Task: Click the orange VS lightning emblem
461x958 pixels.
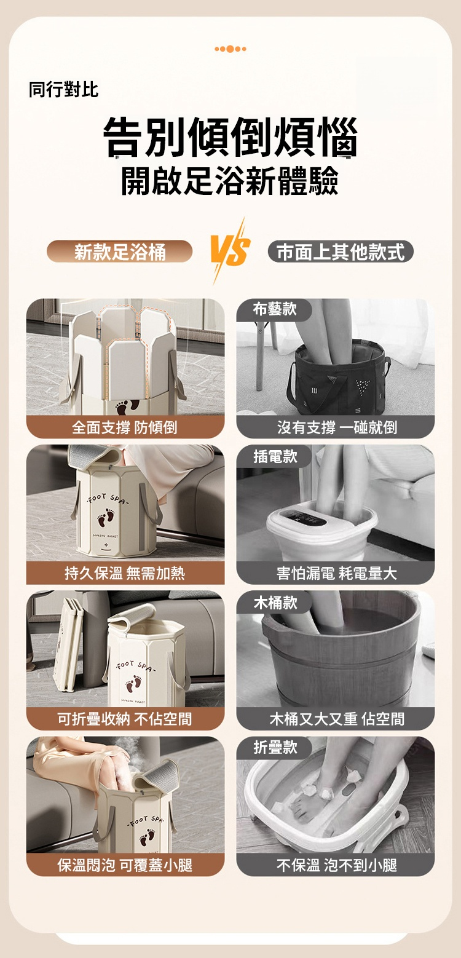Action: pyautogui.click(x=230, y=252)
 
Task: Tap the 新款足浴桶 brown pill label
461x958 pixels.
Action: pyautogui.click(x=120, y=251)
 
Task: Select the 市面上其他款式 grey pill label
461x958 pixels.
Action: pyautogui.click(x=341, y=251)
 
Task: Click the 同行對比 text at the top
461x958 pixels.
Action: pyautogui.click(x=63, y=89)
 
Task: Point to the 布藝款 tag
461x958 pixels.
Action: pyautogui.click(x=275, y=309)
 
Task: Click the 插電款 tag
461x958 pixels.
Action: pyautogui.click(x=275, y=456)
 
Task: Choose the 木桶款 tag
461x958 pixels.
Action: pyautogui.click(x=275, y=602)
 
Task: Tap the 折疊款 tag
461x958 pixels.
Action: pyautogui.click(x=275, y=748)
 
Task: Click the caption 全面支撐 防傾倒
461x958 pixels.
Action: pyautogui.click(x=125, y=427)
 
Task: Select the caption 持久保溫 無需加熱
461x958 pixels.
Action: pyautogui.click(x=125, y=572)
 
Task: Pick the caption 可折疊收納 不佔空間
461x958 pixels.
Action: pyautogui.click(x=125, y=719)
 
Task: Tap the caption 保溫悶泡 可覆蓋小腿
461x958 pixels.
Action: pyautogui.click(x=125, y=865)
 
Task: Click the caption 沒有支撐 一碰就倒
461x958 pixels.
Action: pyautogui.click(x=337, y=427)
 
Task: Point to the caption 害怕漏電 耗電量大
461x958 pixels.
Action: pyautogui.click(x=337, y=572)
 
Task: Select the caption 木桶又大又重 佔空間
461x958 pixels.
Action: pyautogui.click(x=337, y=719)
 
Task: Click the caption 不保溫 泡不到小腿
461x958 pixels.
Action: pyautogui.click(x=337, y=865)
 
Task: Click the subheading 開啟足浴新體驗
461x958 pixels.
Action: pyautogui.click(x=230, y=181)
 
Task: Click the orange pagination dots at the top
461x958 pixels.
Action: pyautogui.click(x=230, y=49)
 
